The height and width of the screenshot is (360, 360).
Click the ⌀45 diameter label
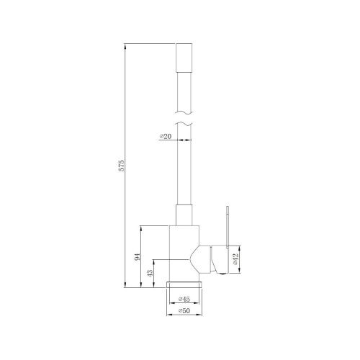click(x=184, y=299)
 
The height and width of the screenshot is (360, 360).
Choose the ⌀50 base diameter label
click(x=184, y=311)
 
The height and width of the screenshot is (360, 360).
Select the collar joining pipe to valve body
click(x=185, y=215)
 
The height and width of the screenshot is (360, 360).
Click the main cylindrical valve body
click(x=183, y=252)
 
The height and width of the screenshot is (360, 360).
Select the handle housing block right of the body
click(x=212, y=256)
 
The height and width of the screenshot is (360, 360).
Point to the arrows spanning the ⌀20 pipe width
click(x=185, y=140)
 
